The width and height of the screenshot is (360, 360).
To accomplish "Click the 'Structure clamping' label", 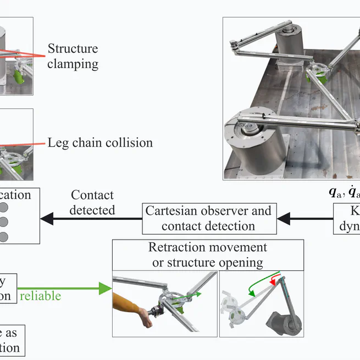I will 73,56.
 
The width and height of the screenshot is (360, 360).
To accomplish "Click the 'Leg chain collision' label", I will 100,143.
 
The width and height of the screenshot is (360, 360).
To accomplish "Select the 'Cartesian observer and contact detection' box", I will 208,218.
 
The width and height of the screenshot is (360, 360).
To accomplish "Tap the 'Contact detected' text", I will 92,202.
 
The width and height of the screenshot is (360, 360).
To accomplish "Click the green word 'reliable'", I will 40,296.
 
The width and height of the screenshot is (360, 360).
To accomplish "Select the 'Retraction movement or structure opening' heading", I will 208,255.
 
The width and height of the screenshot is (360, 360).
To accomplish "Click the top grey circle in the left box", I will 4,208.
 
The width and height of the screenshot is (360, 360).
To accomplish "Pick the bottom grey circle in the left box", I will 4,236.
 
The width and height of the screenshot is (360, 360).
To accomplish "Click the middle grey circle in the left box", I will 4,222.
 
